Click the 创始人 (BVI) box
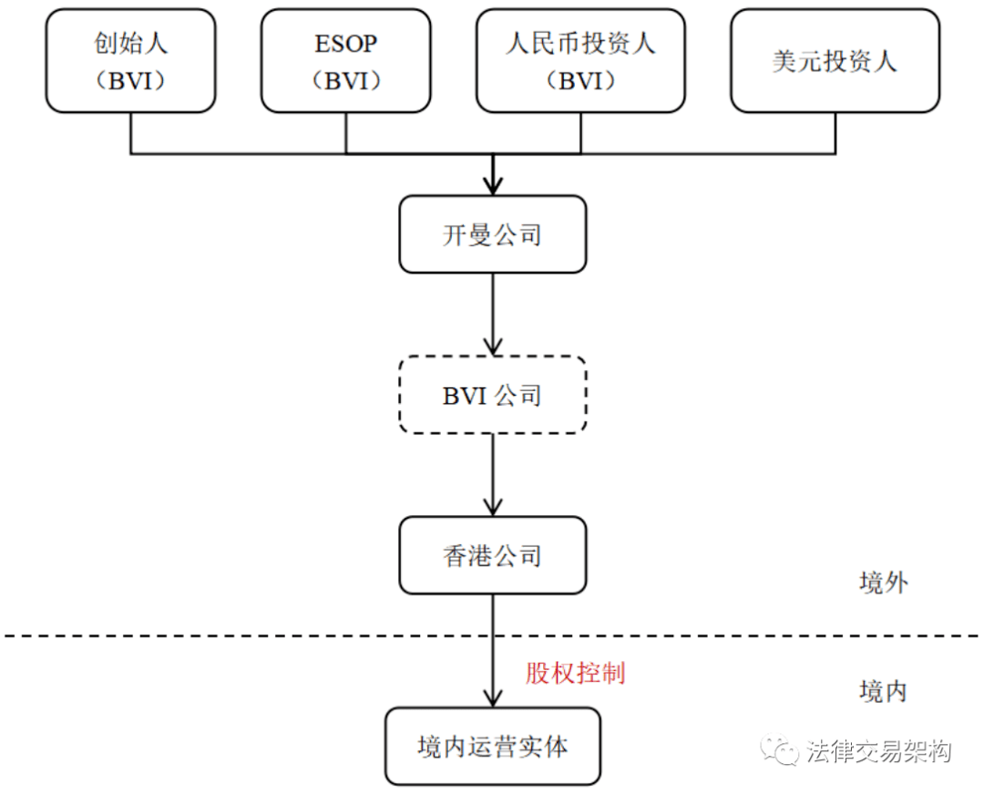[130, 61]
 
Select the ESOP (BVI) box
[345, 61]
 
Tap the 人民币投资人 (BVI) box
[580, 61]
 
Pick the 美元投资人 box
[835, 61]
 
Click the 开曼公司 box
[492, 234]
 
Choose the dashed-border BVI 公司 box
[492, 395]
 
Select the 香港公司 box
[492, 555]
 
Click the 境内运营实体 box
[492, 747]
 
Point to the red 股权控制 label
[575, 674]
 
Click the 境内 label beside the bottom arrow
[883, 692]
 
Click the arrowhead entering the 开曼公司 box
[493, 185]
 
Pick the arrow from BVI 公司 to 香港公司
[493, 475]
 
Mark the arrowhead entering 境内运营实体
[493, 697]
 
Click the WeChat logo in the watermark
[781, 749]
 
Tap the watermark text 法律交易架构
[878, 751]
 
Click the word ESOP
[346, 44]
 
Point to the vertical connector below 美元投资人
[835, 133]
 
